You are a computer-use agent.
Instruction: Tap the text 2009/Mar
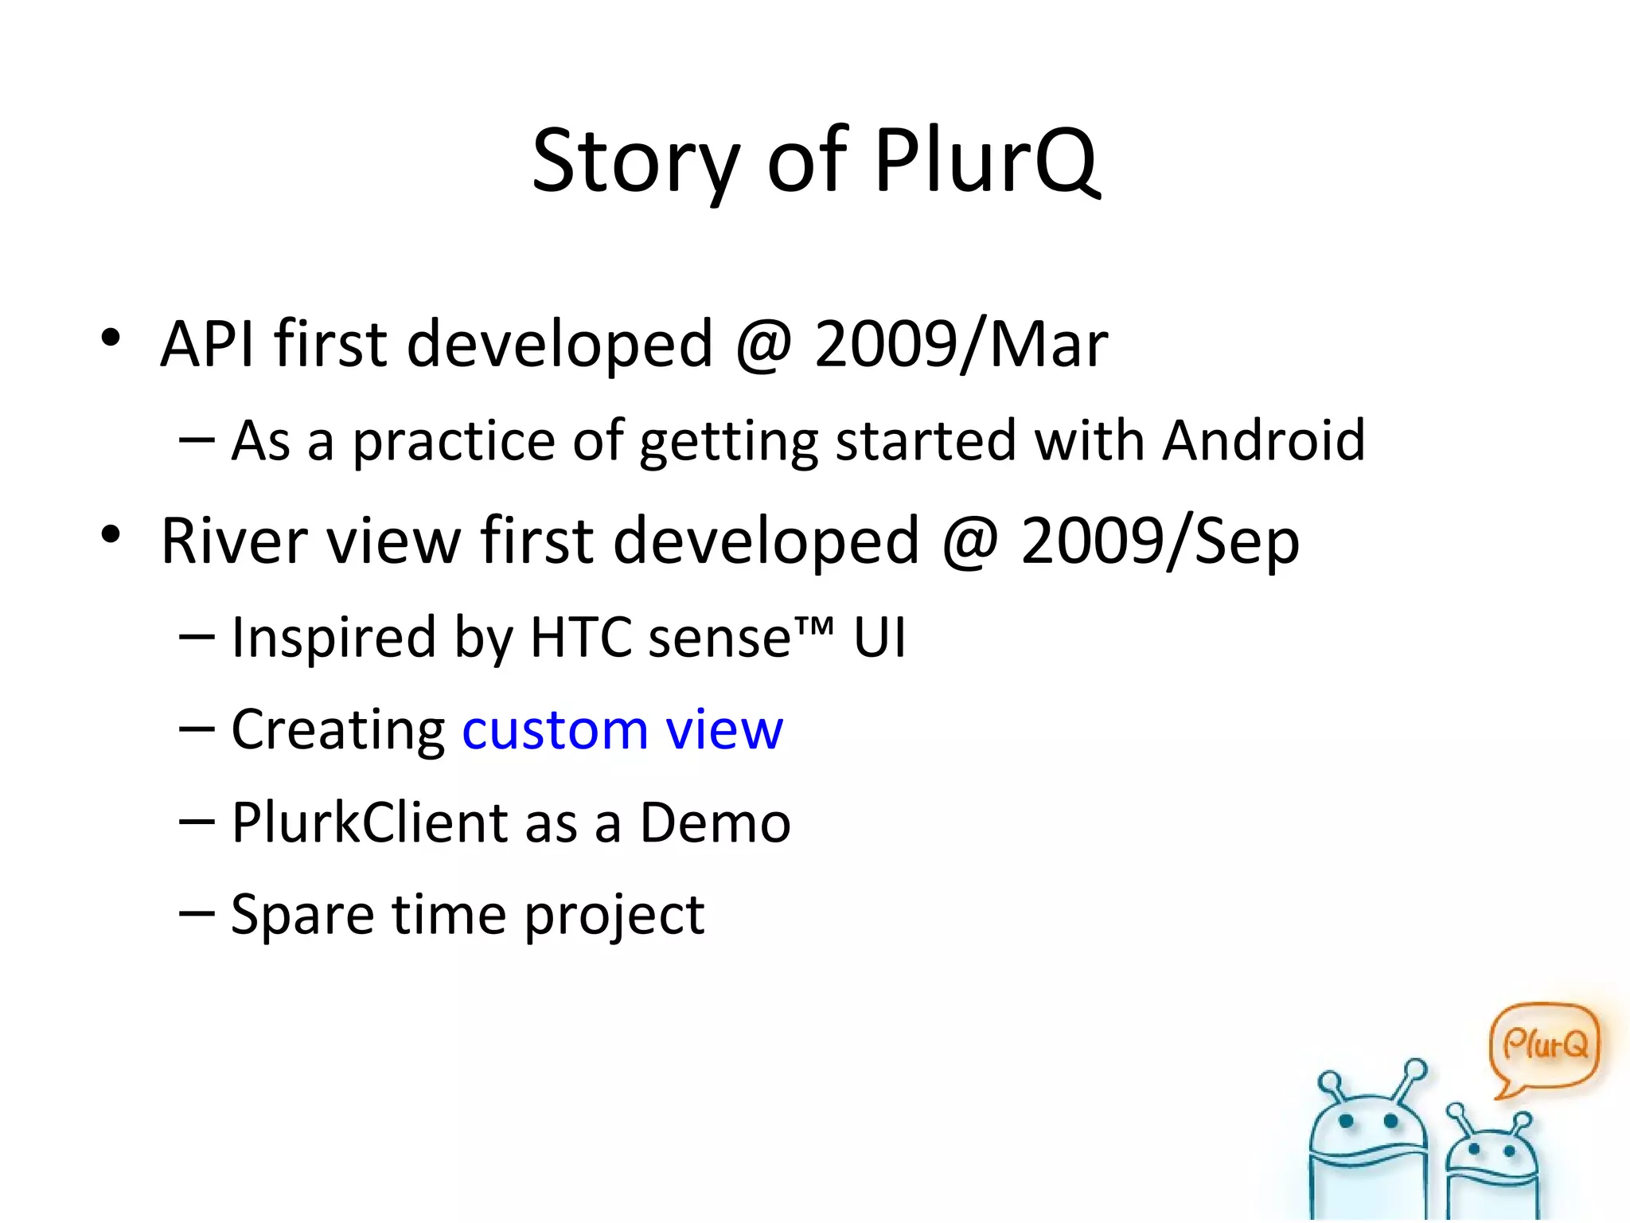pos(961,344)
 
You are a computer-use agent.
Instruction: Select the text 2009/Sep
pos(1160,541)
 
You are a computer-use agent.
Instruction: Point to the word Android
pos(1263,440)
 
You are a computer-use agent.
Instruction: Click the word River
pos(234,541)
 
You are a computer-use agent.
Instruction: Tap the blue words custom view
pos(622,729)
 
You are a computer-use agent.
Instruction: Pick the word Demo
pos(715,822)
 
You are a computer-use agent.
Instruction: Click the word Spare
pos(302,915)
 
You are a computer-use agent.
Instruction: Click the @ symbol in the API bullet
pos(763,346)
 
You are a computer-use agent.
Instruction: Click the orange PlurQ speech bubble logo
pos(1543,1045)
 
